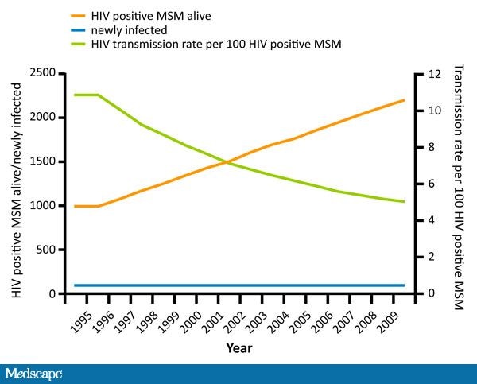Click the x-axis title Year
click(x=238, y=347)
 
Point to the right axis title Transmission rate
click(x=459, y=184)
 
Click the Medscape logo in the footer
click(x=33, y=374)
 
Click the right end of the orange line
click(x=404, y=100)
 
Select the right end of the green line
click(x=404, y=202)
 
